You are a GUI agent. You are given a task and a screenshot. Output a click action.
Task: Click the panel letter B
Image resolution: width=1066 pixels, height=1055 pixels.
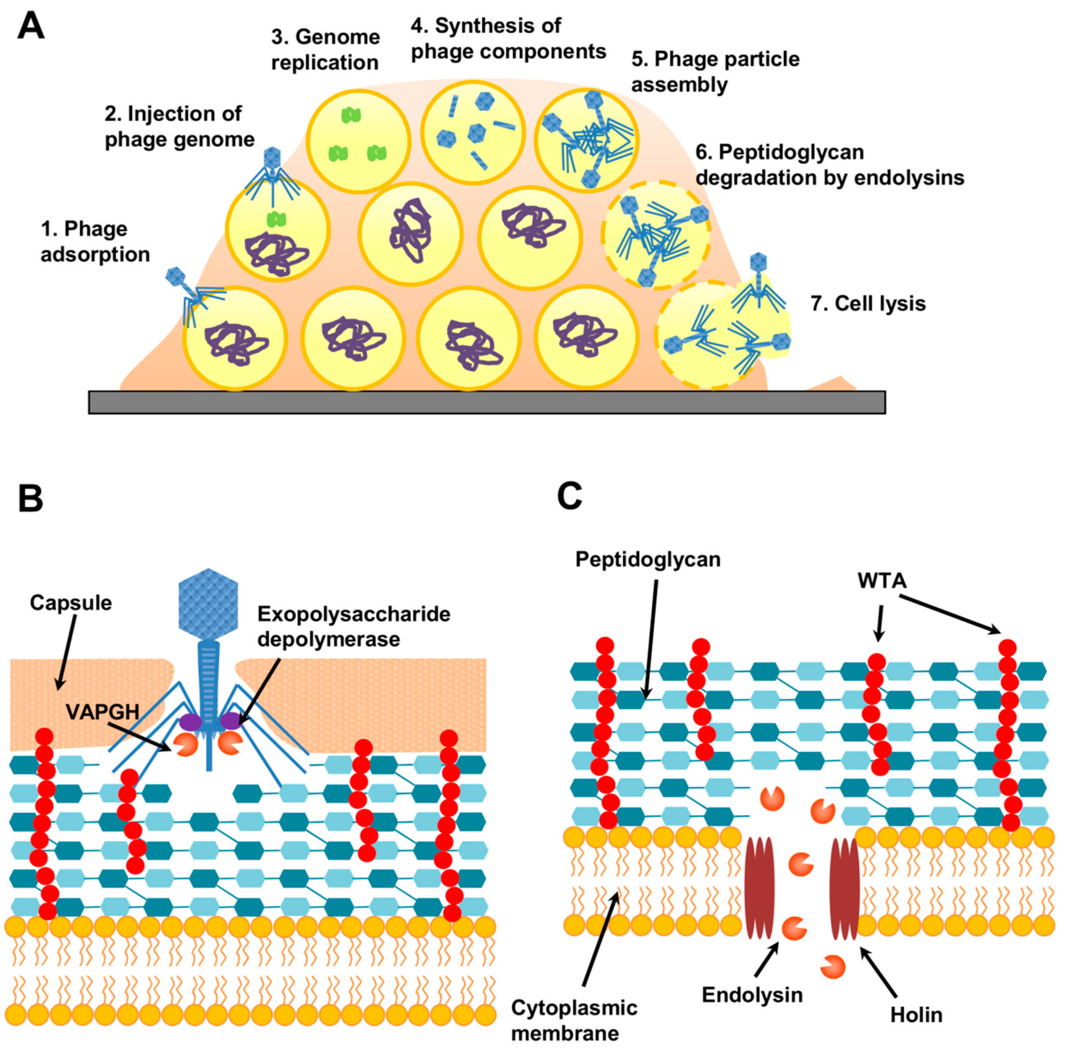30,499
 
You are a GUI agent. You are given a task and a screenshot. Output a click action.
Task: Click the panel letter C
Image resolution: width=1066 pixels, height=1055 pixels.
569,495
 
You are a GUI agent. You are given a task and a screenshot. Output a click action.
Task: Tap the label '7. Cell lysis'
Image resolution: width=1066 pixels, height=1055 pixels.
868,304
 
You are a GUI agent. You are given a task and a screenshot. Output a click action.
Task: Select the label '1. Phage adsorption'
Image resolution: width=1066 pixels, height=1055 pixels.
95,242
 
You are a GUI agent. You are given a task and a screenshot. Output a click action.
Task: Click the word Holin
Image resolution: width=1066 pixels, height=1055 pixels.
916,1014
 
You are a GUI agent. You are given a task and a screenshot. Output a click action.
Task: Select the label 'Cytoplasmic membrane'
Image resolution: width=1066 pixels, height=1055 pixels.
574,1020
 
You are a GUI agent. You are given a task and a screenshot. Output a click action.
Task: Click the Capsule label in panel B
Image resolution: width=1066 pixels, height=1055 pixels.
71,602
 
